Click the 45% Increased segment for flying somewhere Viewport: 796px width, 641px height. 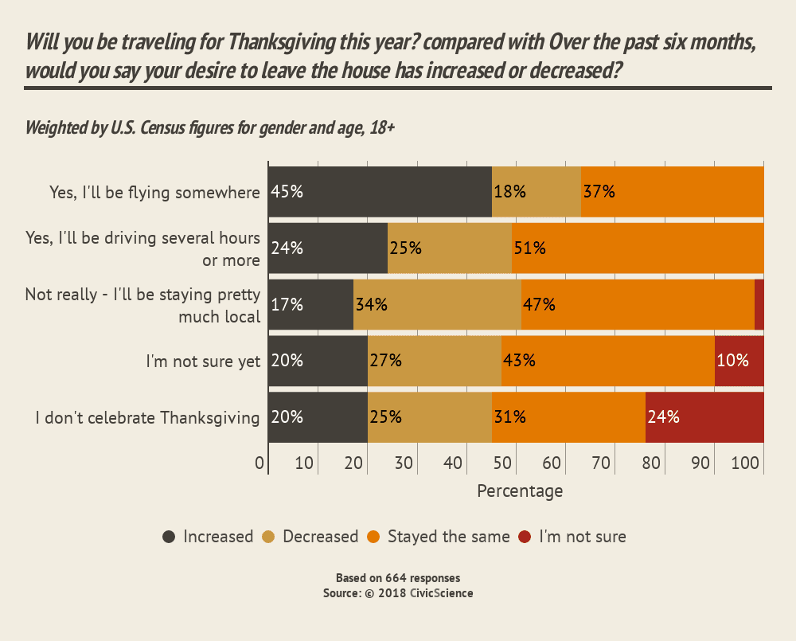point(380,192)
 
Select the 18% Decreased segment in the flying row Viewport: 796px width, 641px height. point(537,192)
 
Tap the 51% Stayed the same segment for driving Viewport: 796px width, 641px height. point(638,248)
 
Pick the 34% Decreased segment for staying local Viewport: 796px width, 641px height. point(437,304)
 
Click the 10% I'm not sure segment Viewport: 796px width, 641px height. point(739,361)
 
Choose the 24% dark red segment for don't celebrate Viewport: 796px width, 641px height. point(704,417)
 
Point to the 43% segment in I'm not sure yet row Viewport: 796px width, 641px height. point(608,361)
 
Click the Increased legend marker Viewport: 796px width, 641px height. point(170,537)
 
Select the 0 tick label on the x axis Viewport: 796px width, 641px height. point(259,463)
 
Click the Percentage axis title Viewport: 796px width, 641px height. point(520,491)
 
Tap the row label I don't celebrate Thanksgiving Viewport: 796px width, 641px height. point(148,417)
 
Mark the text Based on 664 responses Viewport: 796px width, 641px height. point(398,578)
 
